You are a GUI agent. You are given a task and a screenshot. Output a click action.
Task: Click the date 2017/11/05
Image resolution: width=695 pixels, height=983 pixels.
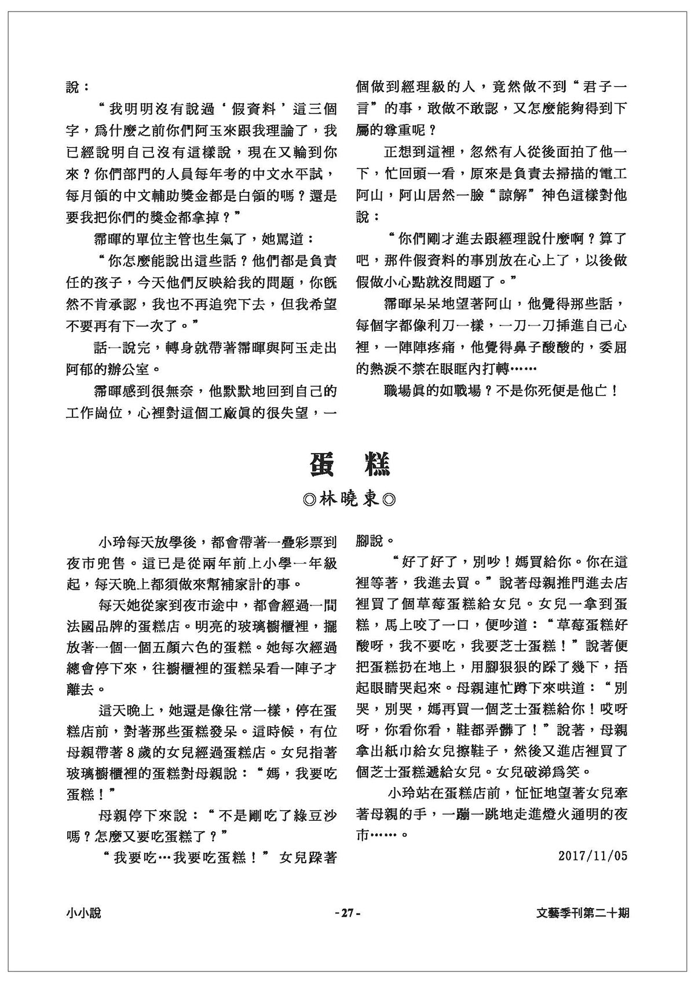coord(593,855)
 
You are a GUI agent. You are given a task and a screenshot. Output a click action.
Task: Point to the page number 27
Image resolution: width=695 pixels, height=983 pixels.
coord(347,913)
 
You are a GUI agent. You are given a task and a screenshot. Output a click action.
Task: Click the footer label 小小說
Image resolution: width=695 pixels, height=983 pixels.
coord(83,913)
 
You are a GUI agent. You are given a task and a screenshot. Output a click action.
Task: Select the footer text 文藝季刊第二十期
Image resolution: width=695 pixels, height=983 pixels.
coord(583,913)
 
